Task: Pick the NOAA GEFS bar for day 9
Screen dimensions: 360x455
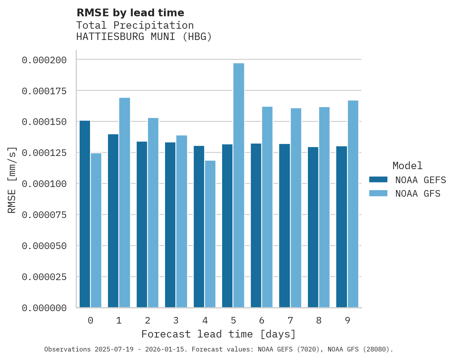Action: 342,227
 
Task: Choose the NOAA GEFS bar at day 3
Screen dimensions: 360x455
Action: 170,225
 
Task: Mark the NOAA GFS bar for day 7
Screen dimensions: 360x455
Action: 296,208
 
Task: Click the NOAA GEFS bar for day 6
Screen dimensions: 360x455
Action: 256,225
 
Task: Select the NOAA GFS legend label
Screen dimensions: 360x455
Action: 418,194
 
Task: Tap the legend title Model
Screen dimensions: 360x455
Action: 407,166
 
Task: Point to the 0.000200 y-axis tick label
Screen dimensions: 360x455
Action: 44,60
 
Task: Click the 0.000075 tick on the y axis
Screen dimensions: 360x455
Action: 44,215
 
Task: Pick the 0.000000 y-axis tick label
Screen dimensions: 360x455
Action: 44,308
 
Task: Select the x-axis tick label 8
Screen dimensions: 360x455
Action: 319,320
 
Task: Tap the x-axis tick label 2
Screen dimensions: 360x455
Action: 148,320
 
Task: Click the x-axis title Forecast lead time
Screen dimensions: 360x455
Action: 219,334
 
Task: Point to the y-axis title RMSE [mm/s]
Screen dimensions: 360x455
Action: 12,180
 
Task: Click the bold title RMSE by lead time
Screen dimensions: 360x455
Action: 130,13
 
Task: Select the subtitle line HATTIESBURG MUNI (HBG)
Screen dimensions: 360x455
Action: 144,37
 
